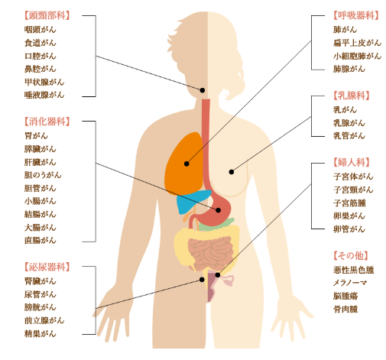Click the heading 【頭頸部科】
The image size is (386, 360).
[x=47, y=15]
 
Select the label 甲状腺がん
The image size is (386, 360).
[x=44, y=82]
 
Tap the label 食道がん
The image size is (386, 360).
[x=40, y=43]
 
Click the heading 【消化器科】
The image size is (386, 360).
[x=47, y=122]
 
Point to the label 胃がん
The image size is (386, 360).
[x=36, y=135]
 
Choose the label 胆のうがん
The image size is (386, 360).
[x=43, y=175]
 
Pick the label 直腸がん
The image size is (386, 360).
[x=40, y=240]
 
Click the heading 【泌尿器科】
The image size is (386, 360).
[x=47, y=267]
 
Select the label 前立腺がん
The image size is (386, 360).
[x=44, y=320]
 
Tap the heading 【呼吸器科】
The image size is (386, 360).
[x=356, y=15]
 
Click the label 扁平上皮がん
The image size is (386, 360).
[x=357, y=43]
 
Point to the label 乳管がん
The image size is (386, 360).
[x=349, y=135]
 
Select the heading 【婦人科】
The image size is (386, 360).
[x=352, y=162]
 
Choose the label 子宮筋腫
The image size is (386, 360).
[x=349, y=203]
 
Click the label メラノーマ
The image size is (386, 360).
[x=350, y=283]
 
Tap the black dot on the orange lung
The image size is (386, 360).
[x=187, y=164]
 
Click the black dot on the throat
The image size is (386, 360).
[x=203, y=90]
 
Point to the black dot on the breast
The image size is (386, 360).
[x=232, y=172]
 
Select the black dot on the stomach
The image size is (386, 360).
[x=218, y=210]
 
